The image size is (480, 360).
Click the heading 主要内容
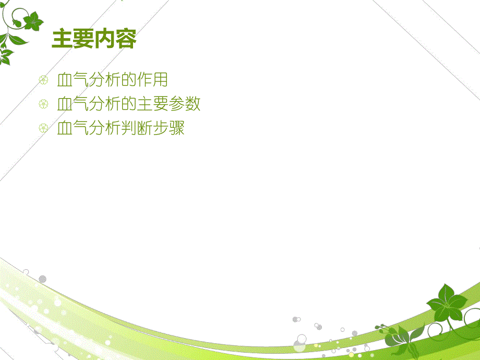(x=94, y=39)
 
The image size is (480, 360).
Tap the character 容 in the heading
(x=125, y=39)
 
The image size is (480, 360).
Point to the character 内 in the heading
(x=104, y=39)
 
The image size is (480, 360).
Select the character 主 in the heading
(x=62, y=39)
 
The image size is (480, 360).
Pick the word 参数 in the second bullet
(x=185, y=104)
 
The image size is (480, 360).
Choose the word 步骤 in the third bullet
(x=169, y=128)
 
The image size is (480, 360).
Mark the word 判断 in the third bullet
(x=137, y=128)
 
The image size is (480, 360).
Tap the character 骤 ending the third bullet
(x=177, y=128)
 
